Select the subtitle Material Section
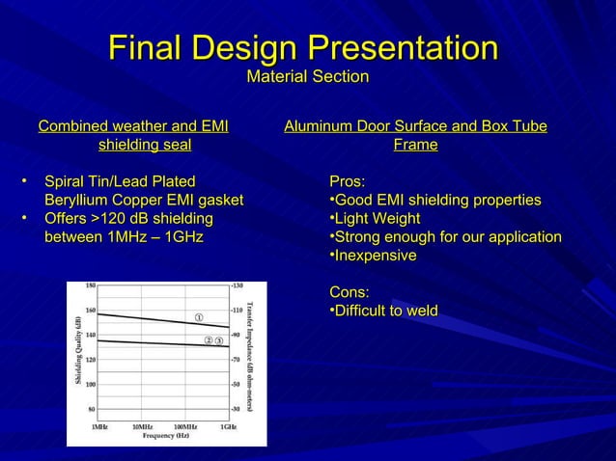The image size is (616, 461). point(308,76)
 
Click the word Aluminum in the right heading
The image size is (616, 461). point(320,126)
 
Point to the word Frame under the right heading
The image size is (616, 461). point(415,145)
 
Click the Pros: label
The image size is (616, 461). point(348,181)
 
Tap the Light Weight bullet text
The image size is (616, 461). point(378,219)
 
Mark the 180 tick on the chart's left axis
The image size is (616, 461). point(90,286)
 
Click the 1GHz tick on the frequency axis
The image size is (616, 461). point(228,425)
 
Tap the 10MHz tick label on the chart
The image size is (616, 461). point(142,425)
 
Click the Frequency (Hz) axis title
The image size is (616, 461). point(160,436)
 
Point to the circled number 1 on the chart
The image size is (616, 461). point(198,317)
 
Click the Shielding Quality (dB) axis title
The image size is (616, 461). point(77,352)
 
